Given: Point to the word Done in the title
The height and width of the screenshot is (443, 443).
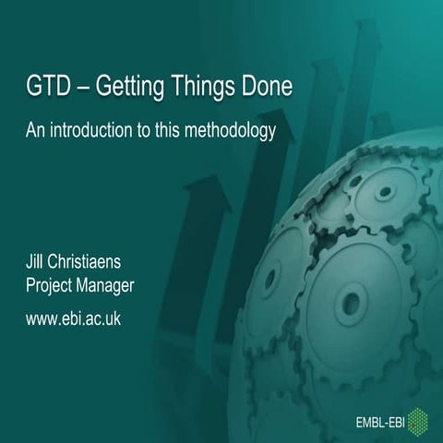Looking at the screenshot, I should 269,89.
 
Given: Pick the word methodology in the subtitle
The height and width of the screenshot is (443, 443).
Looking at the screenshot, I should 231,132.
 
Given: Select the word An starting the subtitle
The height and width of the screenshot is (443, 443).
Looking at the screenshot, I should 34,131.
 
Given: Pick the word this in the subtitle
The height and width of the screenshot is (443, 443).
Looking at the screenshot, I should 173,131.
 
